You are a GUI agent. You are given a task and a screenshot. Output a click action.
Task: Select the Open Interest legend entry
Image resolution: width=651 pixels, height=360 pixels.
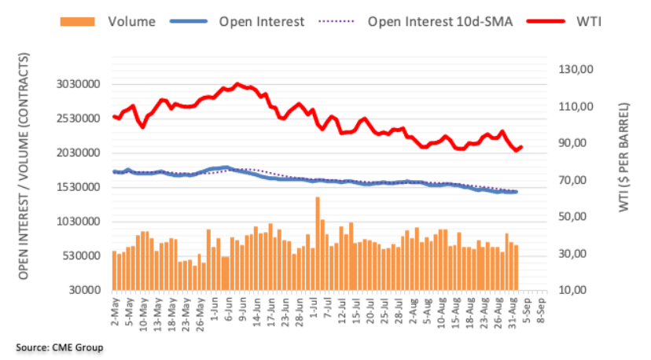261,22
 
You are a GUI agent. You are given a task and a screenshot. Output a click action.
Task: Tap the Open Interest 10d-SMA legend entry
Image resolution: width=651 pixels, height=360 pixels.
440,22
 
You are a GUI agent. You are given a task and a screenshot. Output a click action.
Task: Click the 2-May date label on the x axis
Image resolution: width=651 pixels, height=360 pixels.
115,310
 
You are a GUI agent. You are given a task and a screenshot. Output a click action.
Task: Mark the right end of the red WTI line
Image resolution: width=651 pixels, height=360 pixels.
521,146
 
